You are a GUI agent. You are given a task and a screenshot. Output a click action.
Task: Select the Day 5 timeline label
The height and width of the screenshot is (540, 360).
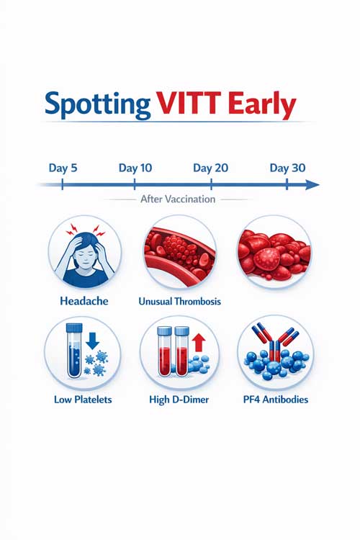coord(63,168)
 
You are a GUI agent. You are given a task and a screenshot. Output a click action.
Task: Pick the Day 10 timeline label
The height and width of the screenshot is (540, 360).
coord(135,168)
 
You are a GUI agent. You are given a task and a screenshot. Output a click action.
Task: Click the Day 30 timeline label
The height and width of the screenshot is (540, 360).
coord(287,168)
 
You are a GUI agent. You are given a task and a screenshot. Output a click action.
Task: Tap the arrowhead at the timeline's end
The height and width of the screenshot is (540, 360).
coord(312,185)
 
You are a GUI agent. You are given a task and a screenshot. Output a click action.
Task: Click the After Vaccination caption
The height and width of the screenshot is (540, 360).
coord(177,199)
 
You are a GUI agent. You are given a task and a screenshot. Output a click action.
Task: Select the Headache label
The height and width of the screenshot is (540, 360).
coord(84,301)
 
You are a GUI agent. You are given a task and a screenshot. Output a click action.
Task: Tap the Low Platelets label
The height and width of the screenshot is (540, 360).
coord(84,398)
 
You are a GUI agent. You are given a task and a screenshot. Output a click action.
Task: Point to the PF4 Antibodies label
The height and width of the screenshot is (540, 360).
coord(274,398)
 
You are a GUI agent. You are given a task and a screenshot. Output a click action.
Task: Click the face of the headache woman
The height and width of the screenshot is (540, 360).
coord(84,253)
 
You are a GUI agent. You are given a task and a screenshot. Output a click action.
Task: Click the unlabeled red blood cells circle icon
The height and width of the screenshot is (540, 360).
coord(274,252)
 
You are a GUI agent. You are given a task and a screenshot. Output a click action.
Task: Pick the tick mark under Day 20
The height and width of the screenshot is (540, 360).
coord(211,185)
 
